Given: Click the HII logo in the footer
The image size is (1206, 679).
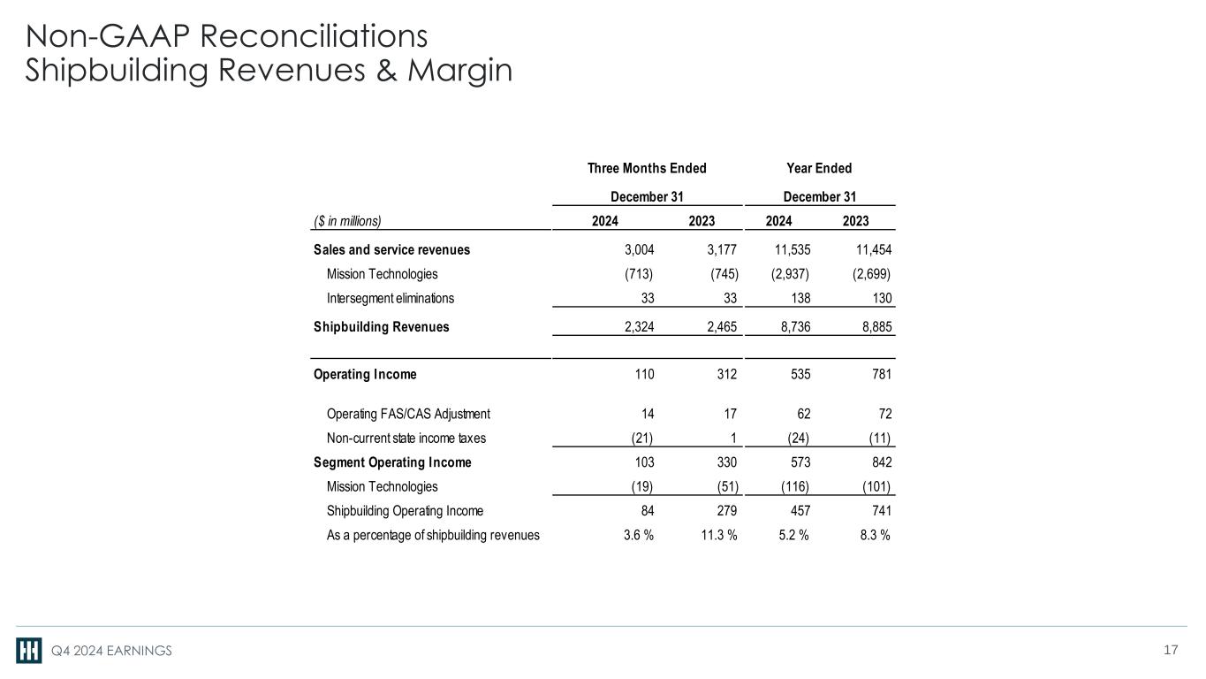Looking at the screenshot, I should point(29,651).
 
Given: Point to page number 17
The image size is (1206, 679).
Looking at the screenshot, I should point(1172,651).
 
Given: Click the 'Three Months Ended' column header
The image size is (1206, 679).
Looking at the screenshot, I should point(647,169).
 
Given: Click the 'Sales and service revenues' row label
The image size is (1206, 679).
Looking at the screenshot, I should point(391,249).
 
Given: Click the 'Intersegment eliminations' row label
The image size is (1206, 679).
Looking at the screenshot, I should point(391,299).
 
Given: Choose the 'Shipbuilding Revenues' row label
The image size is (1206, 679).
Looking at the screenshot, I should point(381,327).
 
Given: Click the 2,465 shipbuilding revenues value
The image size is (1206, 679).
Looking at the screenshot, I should point(717,327).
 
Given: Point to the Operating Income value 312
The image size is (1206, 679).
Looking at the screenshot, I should point(726,374).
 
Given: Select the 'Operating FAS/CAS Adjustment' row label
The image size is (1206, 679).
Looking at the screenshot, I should point(408,414).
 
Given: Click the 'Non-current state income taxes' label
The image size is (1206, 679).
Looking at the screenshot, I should point(406,438).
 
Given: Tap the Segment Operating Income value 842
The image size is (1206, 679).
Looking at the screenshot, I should point(880,462).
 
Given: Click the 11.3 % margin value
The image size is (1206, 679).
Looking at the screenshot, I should point(714,534).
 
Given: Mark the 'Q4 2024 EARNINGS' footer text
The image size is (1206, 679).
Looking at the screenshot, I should point(110,652).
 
